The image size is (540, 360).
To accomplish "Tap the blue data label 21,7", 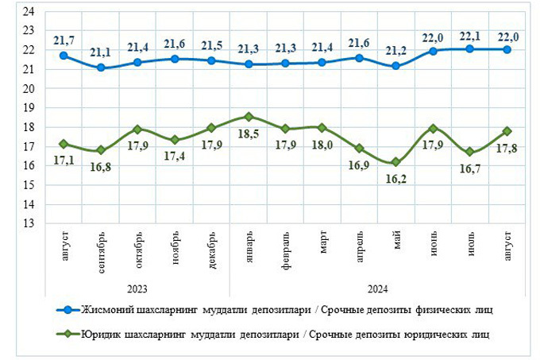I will coord(64,40).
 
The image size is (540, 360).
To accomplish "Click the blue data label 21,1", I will coord(100,52).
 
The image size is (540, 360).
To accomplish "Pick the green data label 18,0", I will coord(322,145).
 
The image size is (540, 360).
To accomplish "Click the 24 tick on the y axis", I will coord(29,12).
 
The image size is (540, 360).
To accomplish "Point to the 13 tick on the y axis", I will coord(29,223).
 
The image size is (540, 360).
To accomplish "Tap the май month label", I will coord(397,242).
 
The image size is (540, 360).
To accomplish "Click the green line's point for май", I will coord(396,161).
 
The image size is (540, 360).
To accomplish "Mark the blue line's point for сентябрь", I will coord(100,68).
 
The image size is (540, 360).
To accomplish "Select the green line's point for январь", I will coord(249,117).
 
